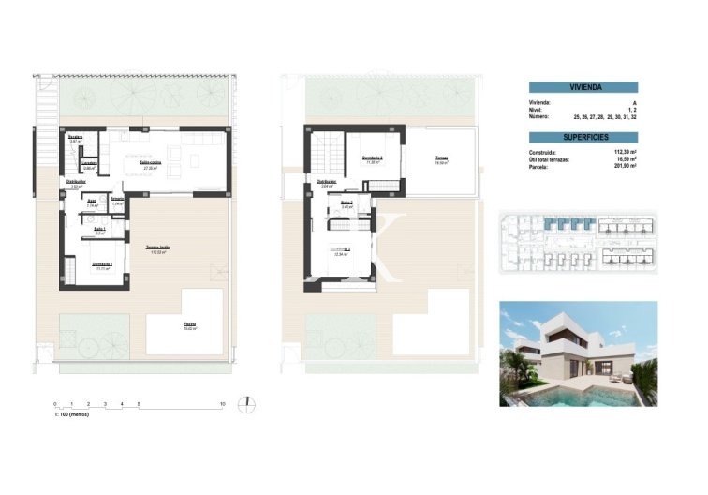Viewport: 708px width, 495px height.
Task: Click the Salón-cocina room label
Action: coord(148,162)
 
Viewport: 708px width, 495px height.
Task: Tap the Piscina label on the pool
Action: coord(189,325)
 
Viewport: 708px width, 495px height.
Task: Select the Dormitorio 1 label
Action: coord(102,264)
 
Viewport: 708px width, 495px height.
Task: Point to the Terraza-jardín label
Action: coord(158,247)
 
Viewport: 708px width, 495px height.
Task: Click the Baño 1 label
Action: coord(99,230)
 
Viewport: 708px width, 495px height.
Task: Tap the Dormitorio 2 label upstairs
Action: coord(372,157)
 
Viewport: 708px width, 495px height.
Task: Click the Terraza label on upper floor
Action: coord(440,159)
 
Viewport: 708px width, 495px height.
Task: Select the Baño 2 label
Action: coord(346,203)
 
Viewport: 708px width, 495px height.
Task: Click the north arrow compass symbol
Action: coord(245,403)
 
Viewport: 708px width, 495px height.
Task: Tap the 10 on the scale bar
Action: coord(222,403)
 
